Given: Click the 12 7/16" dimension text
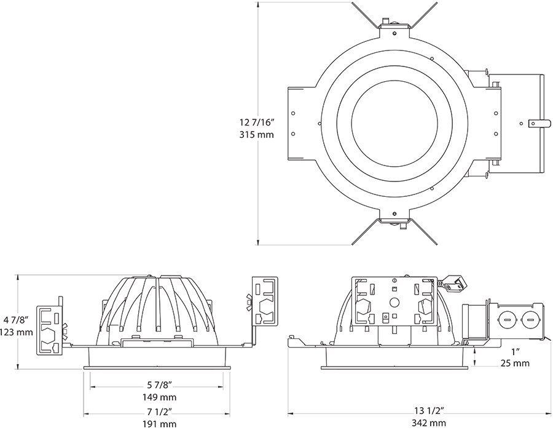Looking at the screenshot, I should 257,122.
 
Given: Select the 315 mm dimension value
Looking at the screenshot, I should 257,134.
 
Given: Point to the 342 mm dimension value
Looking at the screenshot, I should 429,423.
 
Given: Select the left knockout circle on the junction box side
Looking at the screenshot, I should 507,320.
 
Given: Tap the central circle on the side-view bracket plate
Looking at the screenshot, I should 393,303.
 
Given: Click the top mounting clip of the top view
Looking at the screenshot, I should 393,25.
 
